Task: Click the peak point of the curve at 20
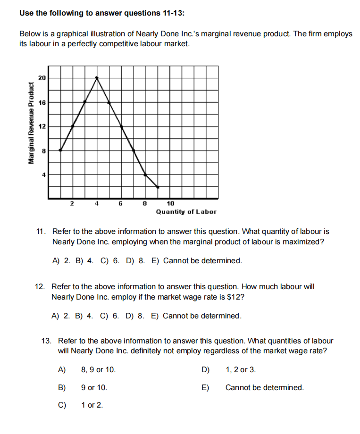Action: [x=97, y=78]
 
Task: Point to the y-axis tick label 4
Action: [x=43, y=175]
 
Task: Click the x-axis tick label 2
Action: [x=72, y=204]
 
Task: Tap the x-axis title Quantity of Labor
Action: [x=186, y=212]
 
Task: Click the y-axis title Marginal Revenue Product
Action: [x=32, y=123]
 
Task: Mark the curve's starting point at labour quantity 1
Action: [x=60, y=150]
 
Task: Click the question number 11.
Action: [x=41, y=232]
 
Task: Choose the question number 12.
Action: [x=40, y=286]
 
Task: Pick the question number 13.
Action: [x=46, y=341]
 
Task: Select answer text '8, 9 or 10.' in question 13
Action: [x=98, y=369]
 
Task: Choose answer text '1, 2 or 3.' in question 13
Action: [x=241, y=369]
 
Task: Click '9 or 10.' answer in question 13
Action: [x=94, y=387]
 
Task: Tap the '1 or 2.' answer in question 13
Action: [x=92, y=405]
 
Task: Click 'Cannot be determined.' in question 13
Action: [x=264, y=387]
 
